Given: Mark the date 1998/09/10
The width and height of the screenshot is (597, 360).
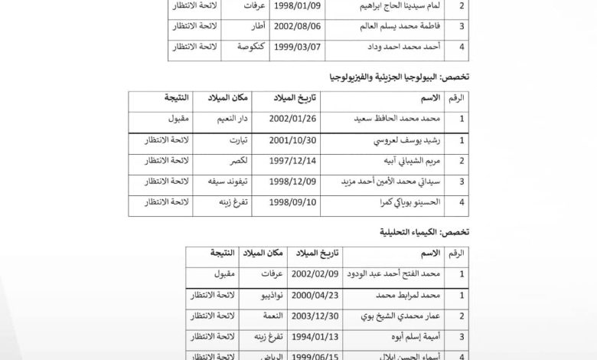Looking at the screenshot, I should point(289,203).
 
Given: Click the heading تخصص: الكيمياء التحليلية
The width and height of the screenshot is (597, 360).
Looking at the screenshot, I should point(426,233).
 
